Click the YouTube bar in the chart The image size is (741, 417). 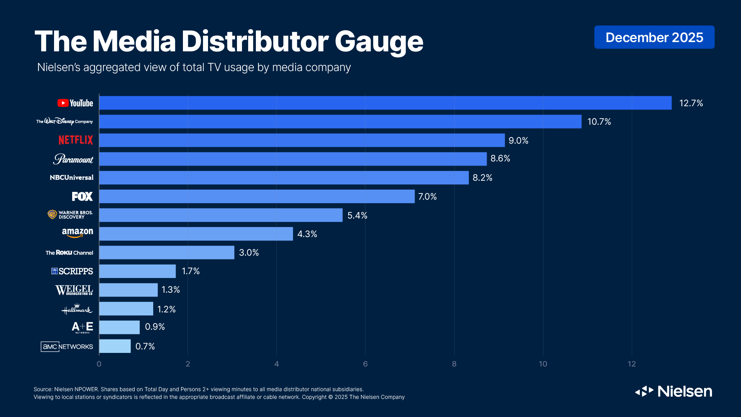pyautogui.click(x=385, y=103)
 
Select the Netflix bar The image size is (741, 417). pyautogui.click(x=302, y=140)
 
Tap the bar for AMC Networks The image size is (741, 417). pyautogui.click(x=115, y=346)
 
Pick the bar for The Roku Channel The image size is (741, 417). pyautogui.click(x=167, y=253)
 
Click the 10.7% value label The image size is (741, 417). pyautogui.click(x=599, y=122)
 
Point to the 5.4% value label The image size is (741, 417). pyautogui.click(x=357, y=215)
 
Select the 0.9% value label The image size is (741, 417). pyautogui.click(x=155, y=327)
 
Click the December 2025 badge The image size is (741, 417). pyautogui.click(x=654, y=37)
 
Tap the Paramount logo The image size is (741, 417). pyautogui.click(x=73, y=159)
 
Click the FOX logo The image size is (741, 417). pyautogui.click(x=82, y=197)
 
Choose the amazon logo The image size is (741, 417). pyautogui.click(x=78, y=233)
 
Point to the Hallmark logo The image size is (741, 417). pyautogui.click(x=77, y=309)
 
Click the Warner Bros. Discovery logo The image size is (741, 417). pyautogui.click(x=70, y=215)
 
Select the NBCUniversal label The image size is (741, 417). pyautogui.click(x=71, y=178)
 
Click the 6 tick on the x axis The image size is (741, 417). pyautogui.click(x=365, y=364)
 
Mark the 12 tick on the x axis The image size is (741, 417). pyautogui.click(x=631, y=364)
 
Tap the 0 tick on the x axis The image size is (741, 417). pyautogui.click(x=99, y=364)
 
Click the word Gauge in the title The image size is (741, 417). pyautogui.click(x=379, y=42)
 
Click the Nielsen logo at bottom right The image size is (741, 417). pyautogui.click(x=673, y=392)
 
